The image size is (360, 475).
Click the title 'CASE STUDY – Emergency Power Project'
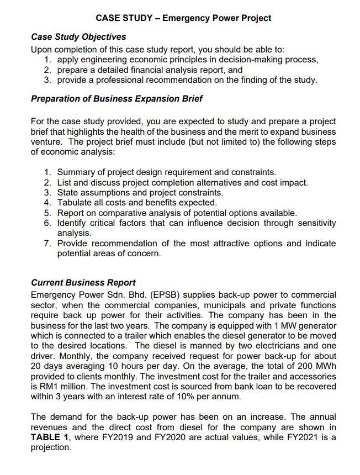(183, 18)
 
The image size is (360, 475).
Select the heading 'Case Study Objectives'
(78, 37)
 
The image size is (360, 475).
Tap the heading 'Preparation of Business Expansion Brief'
(117, 99)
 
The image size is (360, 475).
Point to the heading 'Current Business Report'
(83, 283)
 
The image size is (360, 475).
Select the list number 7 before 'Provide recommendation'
(47, 244)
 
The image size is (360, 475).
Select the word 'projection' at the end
(51, 447)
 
